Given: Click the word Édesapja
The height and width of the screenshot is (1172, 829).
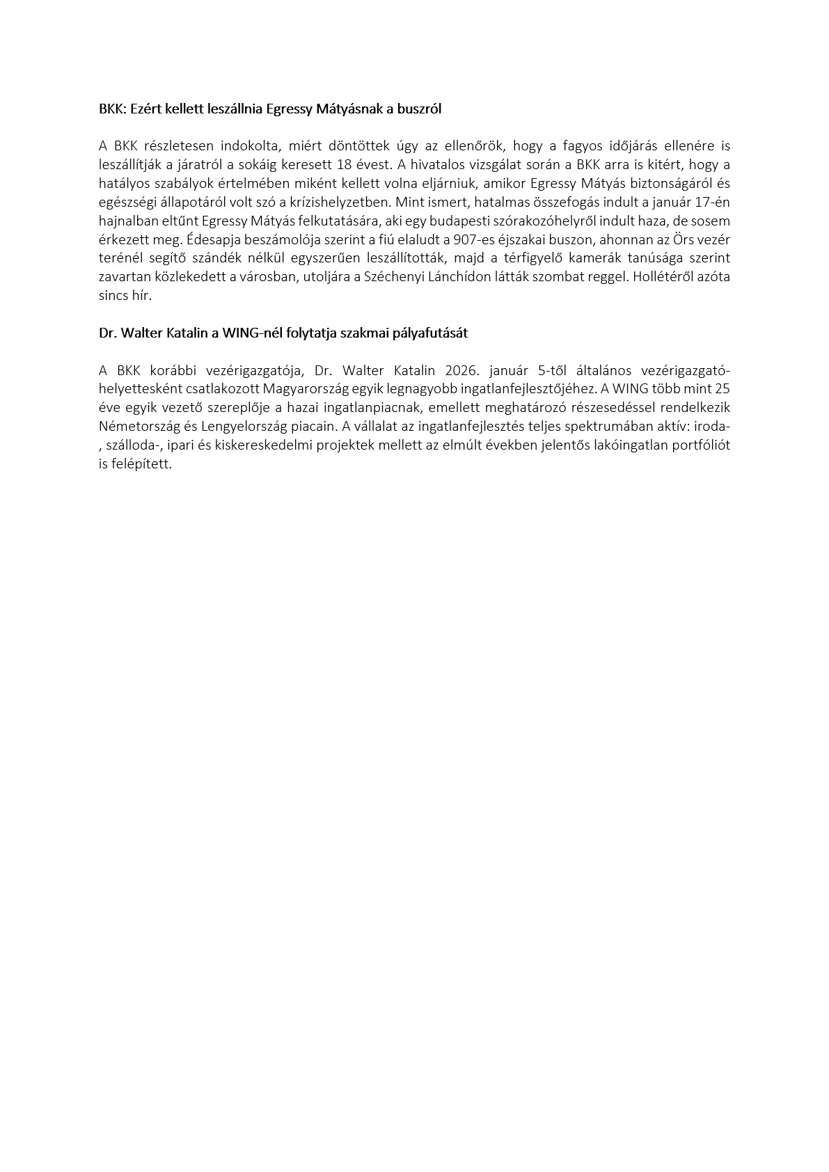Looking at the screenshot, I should tap(213, 239).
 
